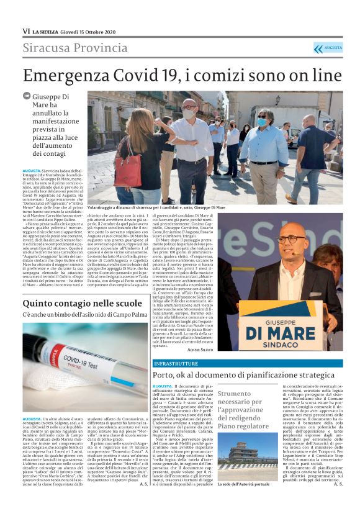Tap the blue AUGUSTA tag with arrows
(327, 48)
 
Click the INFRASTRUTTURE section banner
(176, 363)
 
